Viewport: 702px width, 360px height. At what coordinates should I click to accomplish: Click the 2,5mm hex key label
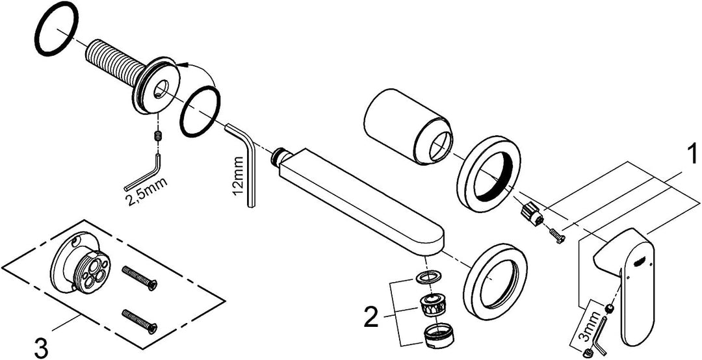coord(147,191)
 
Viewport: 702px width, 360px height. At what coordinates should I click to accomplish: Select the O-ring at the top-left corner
coord(57,29)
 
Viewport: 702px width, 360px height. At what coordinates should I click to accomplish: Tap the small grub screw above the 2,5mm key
coord(157,136)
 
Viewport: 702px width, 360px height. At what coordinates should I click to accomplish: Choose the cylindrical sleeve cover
coord(409,126)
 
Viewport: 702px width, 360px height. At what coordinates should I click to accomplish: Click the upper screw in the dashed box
coord(139,277)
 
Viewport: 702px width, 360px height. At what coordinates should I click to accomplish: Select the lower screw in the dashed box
coord(139,321)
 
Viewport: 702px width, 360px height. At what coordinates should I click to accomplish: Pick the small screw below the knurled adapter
coord(556,235)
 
